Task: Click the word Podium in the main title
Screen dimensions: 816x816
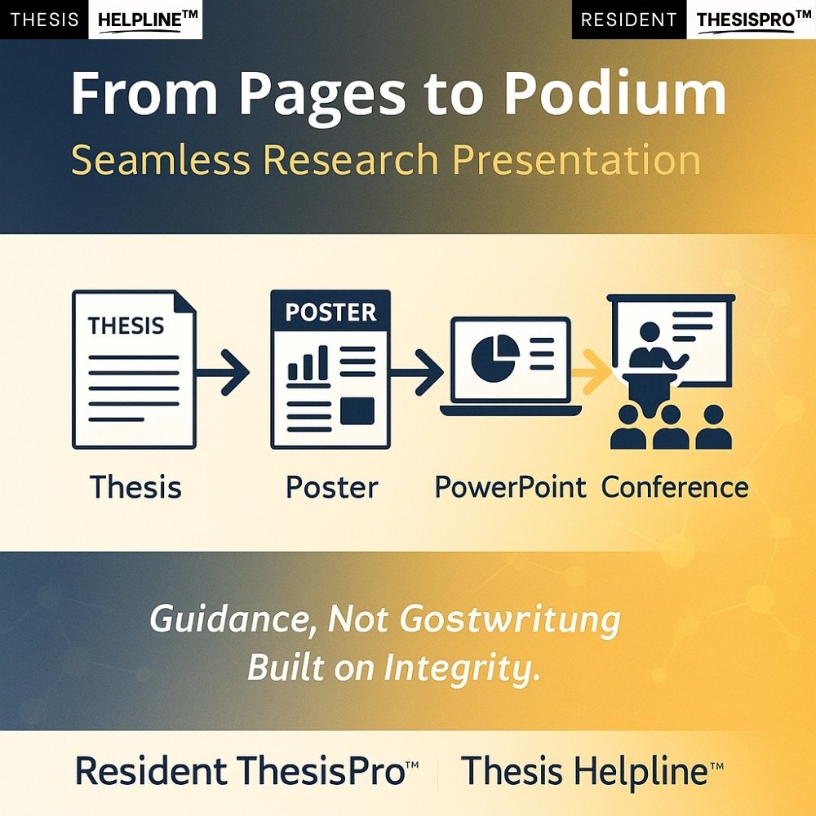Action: pyautogui.click(x=615, y=93)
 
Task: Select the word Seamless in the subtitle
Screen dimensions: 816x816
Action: pyautogui.click(x=160, y=160)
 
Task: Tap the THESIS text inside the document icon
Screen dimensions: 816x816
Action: pyautogui.click(x=126, y=326)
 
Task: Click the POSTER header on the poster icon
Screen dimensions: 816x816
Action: pyautogui.click(x=330, y=312)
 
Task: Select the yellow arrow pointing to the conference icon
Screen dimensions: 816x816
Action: pyautogui.click(x=592, y=371)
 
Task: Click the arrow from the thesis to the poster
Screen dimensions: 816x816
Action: pyautogui.click(x=223, y=371)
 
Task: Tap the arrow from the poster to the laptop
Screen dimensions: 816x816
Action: pyautogui.click(x=416, y=371)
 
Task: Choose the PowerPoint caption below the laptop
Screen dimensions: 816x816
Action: pyautogui.click(x=510, y=488)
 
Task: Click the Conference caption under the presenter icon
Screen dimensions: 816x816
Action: pyautogui.click(x=675, y=488)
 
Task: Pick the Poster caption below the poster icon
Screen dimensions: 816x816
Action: pyautogui.click(x=331, y=488)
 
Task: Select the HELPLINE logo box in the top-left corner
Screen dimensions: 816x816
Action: pyautogui.click(x=145, y=20)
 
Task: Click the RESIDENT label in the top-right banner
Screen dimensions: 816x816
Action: pyautogui.click(x=628, y=20)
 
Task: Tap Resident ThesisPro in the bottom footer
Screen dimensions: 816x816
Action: pyautogui.click(x=246, y=771)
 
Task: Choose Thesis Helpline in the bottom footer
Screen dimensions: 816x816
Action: pyautogui.click(x=592, y=771)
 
